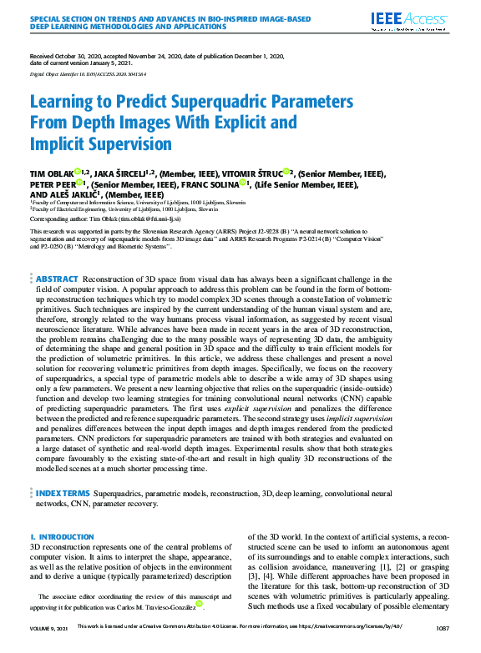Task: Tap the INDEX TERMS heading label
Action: point(63,494)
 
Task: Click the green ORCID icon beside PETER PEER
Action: point(78,183)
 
